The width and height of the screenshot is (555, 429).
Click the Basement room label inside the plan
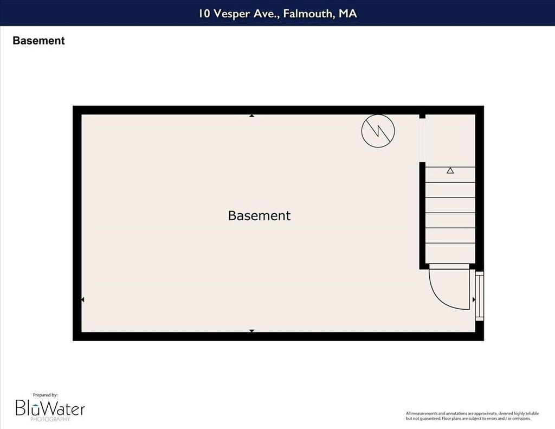(259, 215)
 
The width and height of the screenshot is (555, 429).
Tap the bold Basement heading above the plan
(38, 41)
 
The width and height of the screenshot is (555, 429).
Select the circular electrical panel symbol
(378, 131)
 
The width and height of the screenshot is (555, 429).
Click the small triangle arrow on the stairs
(450, 170)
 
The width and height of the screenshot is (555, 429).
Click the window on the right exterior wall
(479, 296)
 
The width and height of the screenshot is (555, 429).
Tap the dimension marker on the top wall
(251, 116)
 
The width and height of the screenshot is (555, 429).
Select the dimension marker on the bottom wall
(251, 331)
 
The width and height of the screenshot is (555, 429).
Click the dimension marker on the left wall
(83, 300)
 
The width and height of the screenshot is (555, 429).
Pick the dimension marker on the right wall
(474, 300)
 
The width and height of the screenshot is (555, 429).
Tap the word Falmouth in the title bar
(308, 14)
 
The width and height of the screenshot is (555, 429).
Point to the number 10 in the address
(204, 14)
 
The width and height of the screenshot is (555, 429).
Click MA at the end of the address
(347, 14)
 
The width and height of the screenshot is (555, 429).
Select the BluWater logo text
(50, 408)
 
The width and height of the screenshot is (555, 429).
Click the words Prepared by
(46, 395)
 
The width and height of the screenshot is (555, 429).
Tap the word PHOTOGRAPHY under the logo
(50, 419)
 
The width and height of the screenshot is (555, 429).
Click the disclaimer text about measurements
(472, 416)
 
